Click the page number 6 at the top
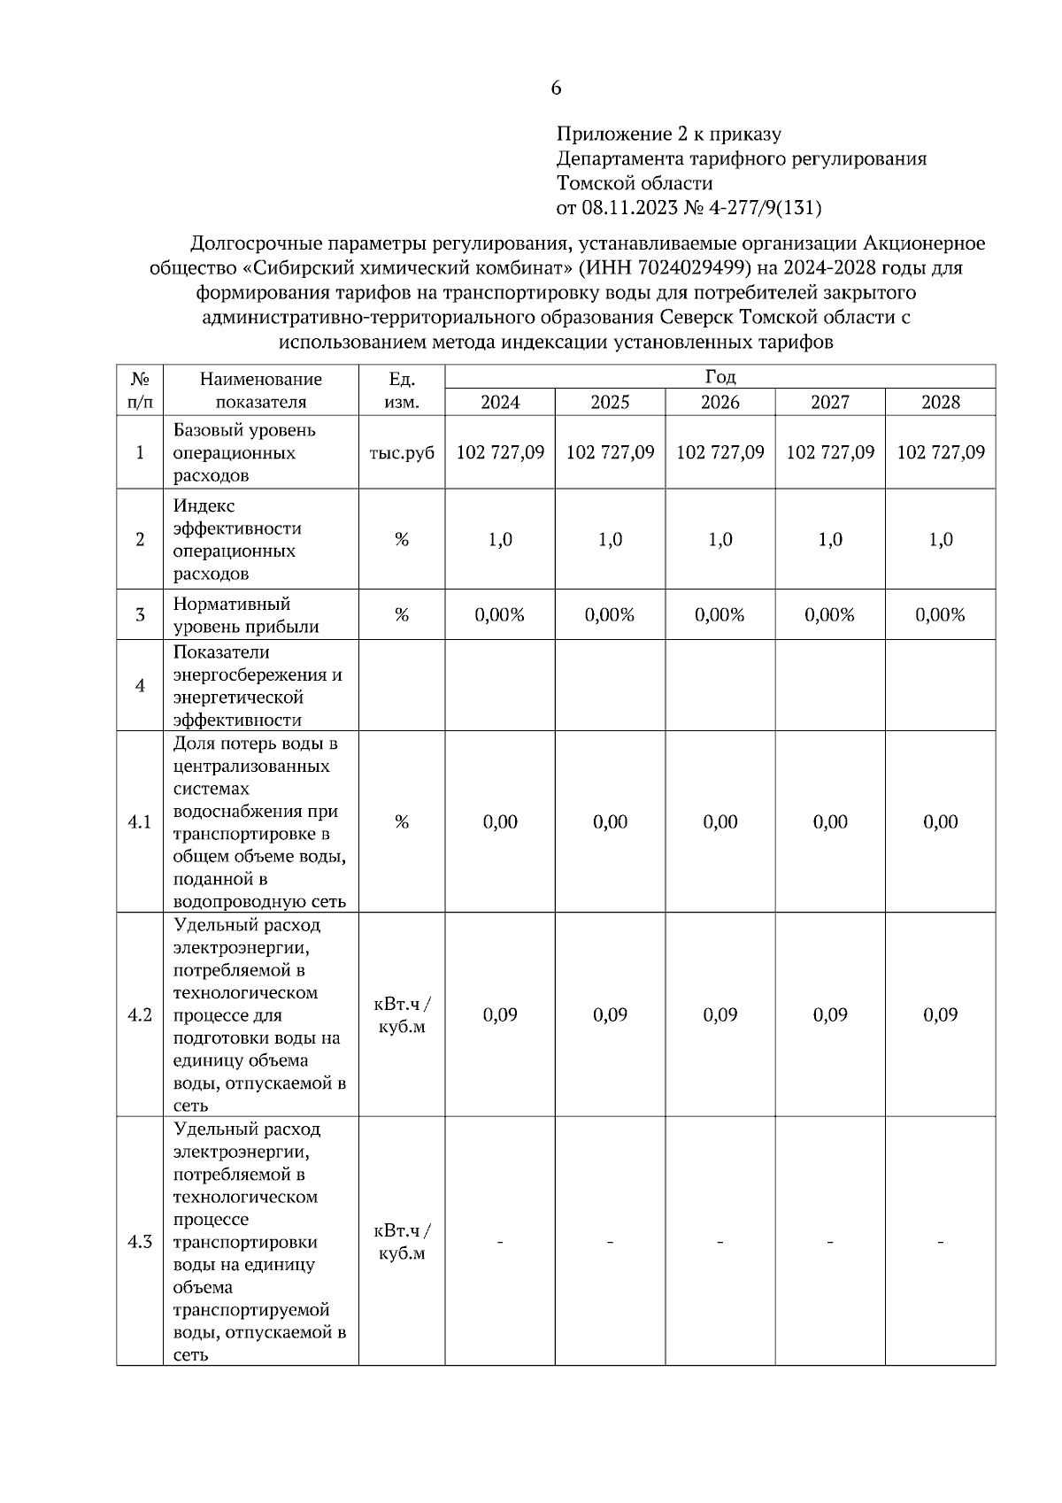pyautogui.click(x=556, y=89)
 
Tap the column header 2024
pyautogui.click(x=500, y=403)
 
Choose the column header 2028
pyautogui.click(x=940, y=403)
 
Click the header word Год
pyautogui.click(x=720, y=377)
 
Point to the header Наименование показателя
pyautogui.click(x=261, y=390)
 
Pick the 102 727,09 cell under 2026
pyautogui.click(x=720, y=452)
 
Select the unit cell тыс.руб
pyautogui.click(x=402, y=452)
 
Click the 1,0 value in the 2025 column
pyautogui.click(x=610, y=539)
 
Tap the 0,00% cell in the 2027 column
pyautogui.click(x=830, y=614)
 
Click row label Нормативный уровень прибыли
pyautogui.click(x=246, y=615)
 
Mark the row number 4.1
pyautogui.click(x=140, y=822)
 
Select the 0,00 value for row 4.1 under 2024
pyautogui.click(x=500, y=822)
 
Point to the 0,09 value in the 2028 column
pyautogui.click(x=940, y=1015)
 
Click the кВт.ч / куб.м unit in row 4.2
pyautogui.click(x=402, y=1015)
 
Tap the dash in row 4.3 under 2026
pyautogui.click(x=720, y=1243)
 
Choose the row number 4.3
pyautogui.click(x=140, y=1242)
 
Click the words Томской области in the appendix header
pyautogui.click(x=635, y=184)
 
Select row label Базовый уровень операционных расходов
pyautogui.click(x=244, y=452)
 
